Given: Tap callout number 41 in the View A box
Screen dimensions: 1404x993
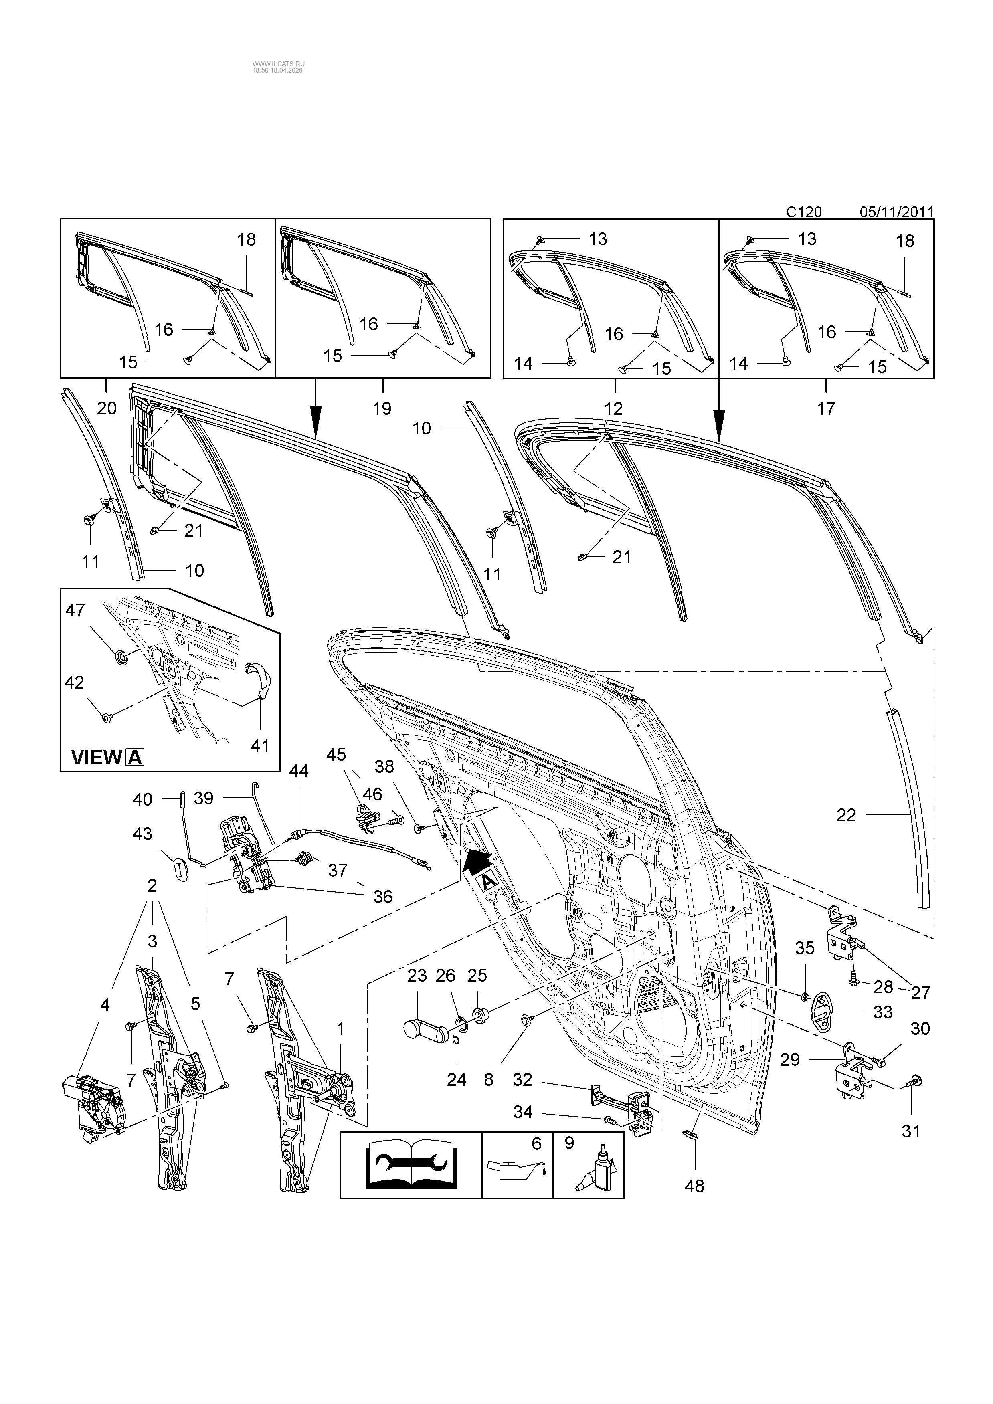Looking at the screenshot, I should [x=260, y=746].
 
